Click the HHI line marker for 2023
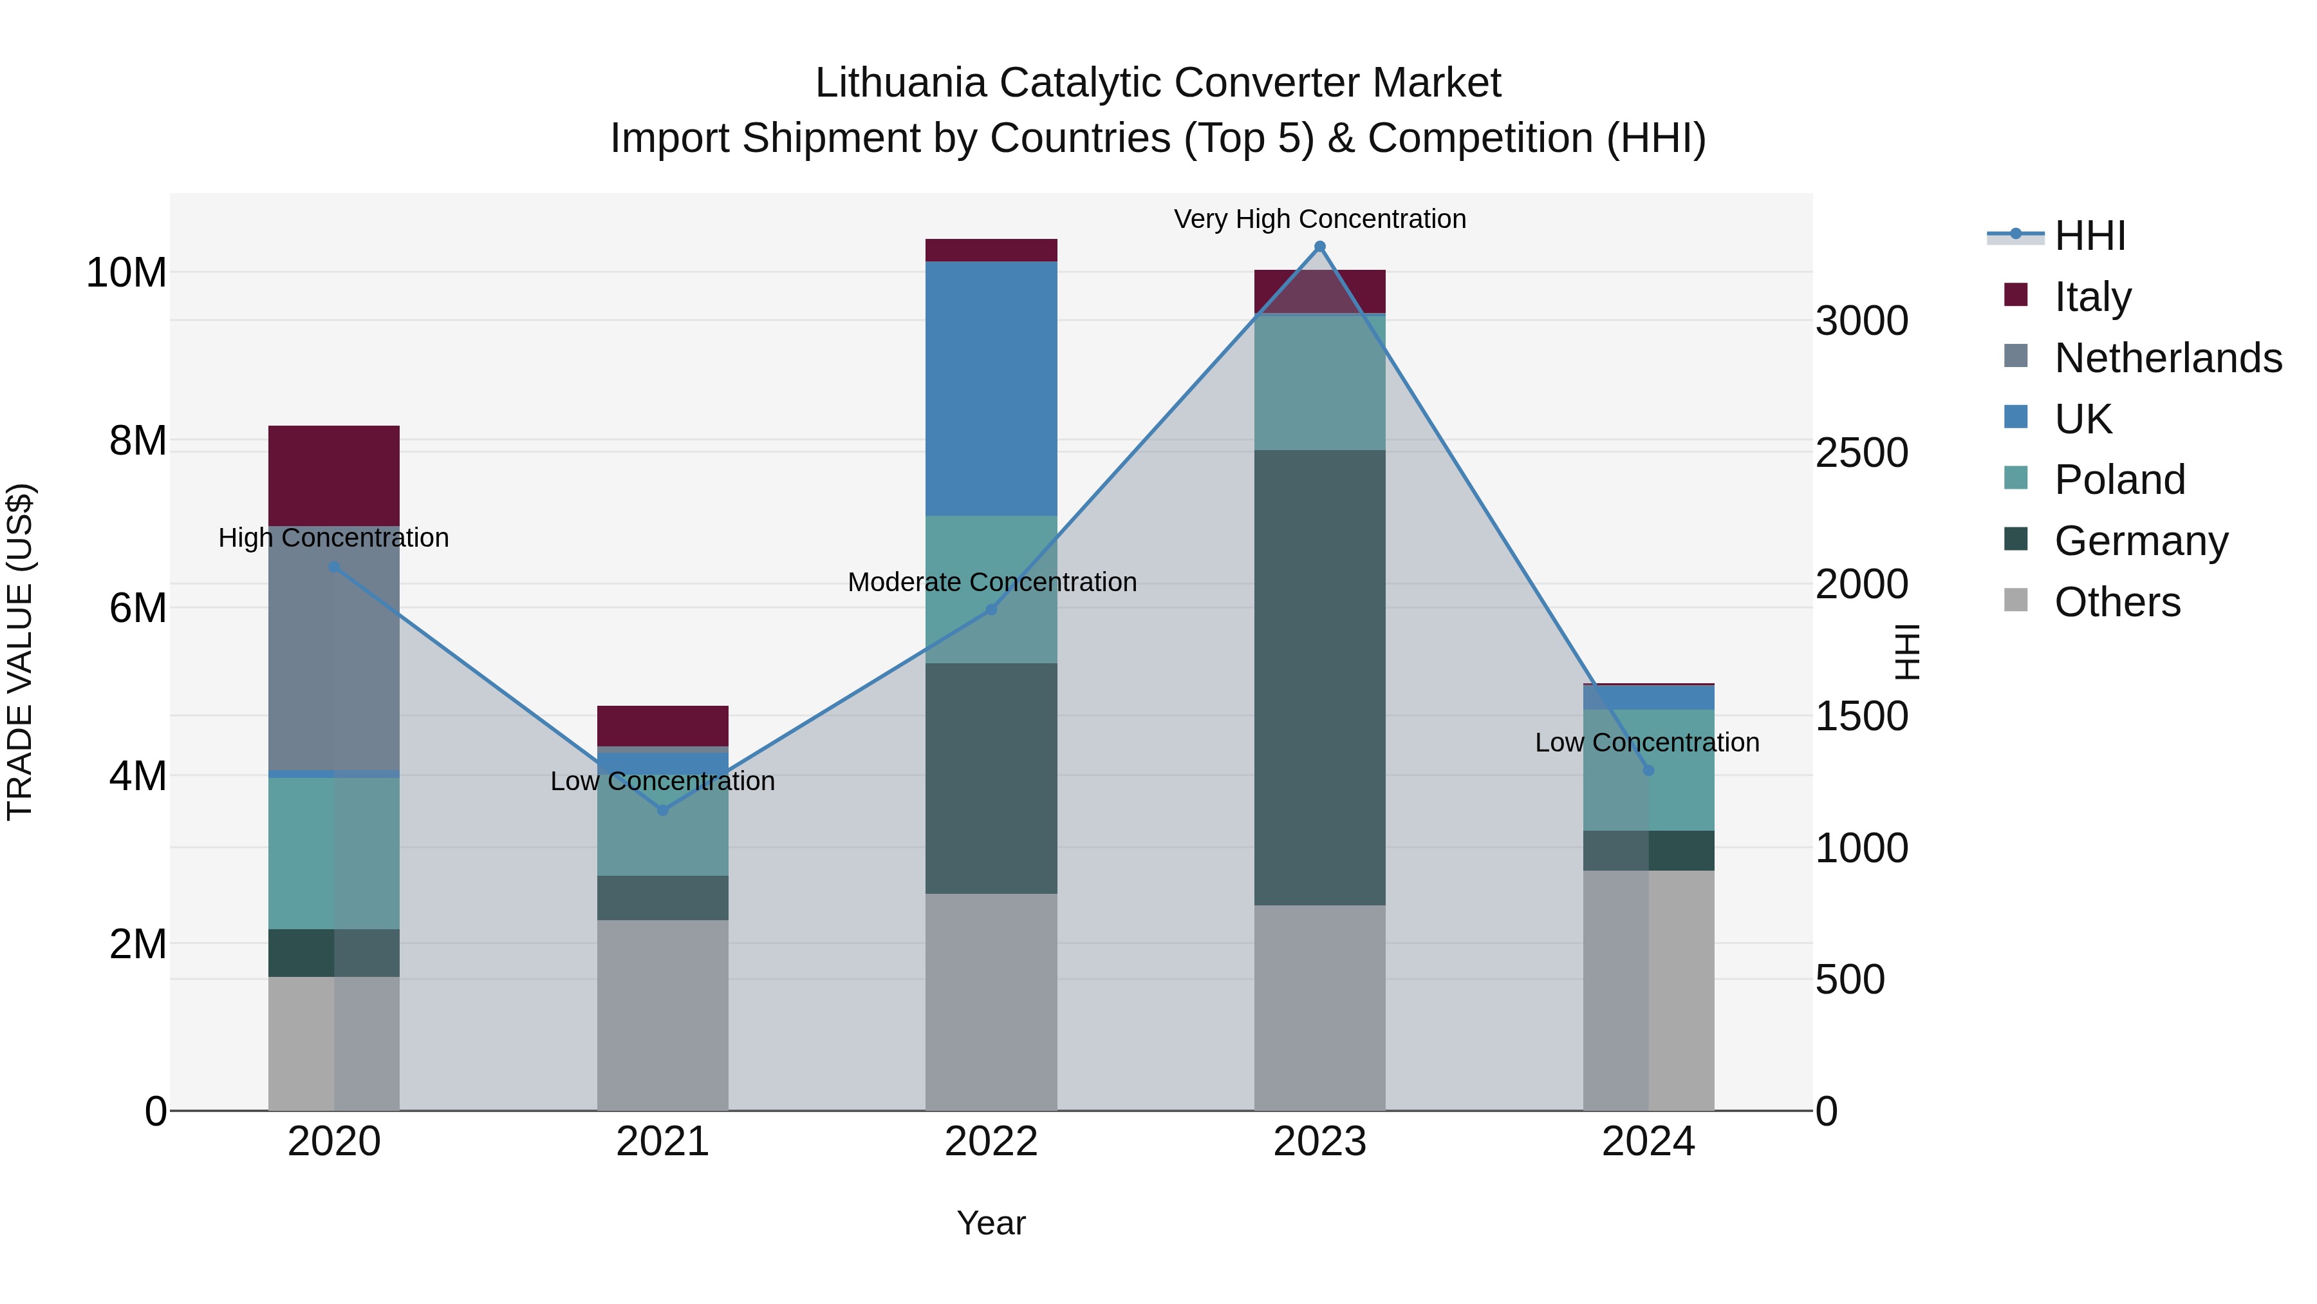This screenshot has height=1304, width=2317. click(1319, 247)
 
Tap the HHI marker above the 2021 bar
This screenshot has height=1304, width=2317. click(663, 810)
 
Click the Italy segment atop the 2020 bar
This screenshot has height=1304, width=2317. click(333, 475)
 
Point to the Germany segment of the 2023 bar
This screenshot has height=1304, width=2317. click(1319, 677)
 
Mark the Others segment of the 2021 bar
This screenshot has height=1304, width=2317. click(663, 1015)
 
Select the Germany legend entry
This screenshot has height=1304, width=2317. click(2141, 541)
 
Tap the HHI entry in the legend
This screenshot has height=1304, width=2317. click(2089, 236)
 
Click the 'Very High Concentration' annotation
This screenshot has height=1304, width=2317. click(1319, 219)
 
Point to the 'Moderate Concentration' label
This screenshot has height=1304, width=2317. click(992, 582)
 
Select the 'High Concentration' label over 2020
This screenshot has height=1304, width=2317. click(333, 537)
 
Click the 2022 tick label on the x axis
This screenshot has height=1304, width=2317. click(991, 1142)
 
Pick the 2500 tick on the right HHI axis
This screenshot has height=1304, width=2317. click(1861, 453)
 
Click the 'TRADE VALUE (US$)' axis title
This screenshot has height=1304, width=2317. click(20, 652)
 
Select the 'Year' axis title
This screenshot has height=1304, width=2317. click(991, 1223)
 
